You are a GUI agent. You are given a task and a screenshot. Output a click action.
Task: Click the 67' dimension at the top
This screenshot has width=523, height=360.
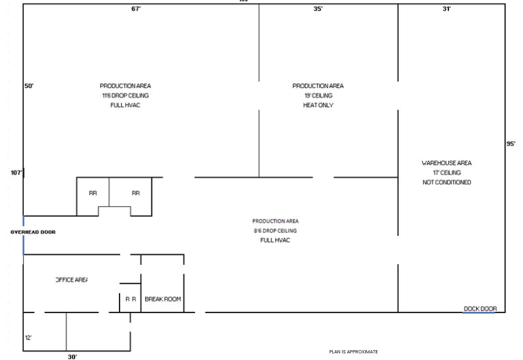[136, 9]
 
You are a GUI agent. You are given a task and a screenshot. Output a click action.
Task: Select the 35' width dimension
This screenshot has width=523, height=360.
[318, 9]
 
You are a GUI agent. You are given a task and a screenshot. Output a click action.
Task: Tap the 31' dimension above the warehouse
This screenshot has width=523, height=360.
[446, 9]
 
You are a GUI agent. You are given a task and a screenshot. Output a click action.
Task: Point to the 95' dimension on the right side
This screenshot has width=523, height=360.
[510, 143]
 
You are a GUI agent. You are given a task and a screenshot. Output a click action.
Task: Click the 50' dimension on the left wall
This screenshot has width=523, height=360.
[29, 86]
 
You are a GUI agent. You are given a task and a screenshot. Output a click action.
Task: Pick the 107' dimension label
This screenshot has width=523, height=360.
[17, 172]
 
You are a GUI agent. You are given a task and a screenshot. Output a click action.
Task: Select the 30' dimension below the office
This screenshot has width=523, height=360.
[72, 356]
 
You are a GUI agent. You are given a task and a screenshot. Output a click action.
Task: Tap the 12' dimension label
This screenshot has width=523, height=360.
[28, 337]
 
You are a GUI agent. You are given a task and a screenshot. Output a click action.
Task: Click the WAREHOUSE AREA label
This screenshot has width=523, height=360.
[446, 162]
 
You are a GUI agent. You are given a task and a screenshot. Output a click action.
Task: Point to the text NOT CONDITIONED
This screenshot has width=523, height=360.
[446, 182]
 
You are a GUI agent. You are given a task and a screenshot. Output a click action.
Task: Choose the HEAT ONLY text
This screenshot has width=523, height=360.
[318, 105]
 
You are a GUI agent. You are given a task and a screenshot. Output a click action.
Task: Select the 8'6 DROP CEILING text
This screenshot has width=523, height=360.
[275, 231]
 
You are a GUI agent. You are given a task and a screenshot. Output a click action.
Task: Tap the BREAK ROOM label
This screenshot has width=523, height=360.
[162, 299]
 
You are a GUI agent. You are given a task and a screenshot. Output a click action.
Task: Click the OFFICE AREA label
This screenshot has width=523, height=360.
[71, 280]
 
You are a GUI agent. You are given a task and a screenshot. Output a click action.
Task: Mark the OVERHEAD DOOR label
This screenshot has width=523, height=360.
[33, 233]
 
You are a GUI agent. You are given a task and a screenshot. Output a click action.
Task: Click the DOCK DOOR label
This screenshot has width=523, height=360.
[479, 308]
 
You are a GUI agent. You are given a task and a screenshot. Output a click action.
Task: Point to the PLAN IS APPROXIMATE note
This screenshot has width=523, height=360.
[353, 351]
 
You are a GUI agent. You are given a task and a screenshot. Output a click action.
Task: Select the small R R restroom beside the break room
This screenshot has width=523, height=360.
[131, 299]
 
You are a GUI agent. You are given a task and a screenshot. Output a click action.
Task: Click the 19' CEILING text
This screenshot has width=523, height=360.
[318, 96]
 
